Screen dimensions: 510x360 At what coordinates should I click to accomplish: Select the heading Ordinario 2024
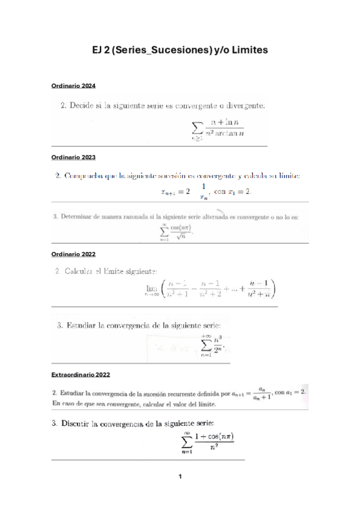73,86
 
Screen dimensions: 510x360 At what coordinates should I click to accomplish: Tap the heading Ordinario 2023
73,157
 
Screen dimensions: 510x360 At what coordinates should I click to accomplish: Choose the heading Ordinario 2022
73,254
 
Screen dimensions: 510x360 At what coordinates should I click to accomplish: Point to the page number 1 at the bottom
180,477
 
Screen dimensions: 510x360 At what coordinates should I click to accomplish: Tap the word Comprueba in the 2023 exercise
90,176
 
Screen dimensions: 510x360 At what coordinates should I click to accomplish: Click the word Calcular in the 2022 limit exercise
82,272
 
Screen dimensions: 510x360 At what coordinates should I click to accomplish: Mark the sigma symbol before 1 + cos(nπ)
186,444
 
